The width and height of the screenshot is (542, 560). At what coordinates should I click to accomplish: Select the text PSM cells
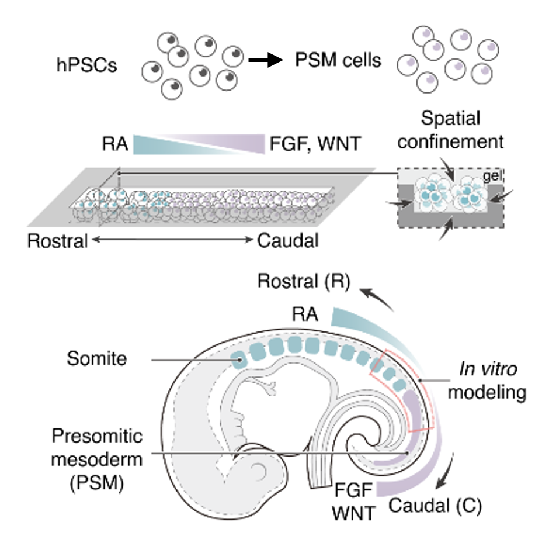pos(337,61)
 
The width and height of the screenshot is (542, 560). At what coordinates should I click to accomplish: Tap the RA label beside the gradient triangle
pos(113,144)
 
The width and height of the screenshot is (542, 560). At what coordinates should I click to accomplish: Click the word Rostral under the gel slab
pos(57,240)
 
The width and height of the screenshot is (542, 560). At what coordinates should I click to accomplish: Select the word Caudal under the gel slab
pos(289,240)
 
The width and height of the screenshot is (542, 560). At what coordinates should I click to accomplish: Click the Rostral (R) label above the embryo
pos(303,282)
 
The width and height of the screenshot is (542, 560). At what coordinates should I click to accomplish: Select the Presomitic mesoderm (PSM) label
pos(96,459)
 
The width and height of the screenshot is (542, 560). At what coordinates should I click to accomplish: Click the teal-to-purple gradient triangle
pos(199,144)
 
